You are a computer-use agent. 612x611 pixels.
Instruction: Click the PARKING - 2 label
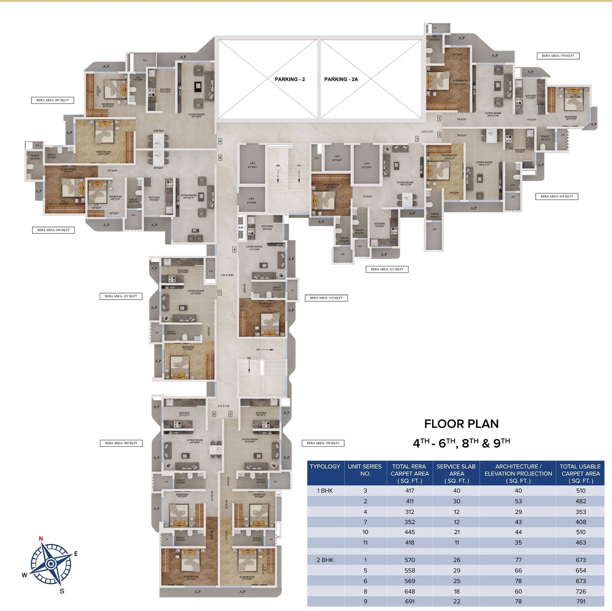click(x=289, y=79)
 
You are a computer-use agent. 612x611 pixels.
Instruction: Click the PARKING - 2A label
click(x=341, y=79)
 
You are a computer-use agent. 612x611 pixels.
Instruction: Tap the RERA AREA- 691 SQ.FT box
click(x=53, y=100)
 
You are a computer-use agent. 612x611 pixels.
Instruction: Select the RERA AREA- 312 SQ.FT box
click(x=326, y=298)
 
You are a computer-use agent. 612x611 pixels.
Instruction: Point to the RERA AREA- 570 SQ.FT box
click(x=558, y=56)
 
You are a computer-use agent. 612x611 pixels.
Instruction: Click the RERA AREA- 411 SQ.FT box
click(x=387, y=269)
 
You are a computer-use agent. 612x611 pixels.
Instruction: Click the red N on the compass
click(x=41, y=538)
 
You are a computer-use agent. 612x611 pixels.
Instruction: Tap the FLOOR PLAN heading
click(x=461, y=424)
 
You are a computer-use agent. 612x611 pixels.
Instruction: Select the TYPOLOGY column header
click(x=325, y=467)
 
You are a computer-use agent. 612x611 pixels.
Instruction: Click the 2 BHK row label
click(x=325, y=560)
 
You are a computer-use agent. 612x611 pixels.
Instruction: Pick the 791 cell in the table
click(x=581, y=601)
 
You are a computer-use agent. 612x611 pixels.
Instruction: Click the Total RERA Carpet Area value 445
click(x=410, y=532)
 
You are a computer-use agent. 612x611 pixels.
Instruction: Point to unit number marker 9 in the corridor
click(x=220, y=141)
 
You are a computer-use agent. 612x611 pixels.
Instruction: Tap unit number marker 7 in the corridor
click(x=219, y=293)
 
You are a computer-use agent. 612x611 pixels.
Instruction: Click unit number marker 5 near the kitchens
click(x=230, y=414)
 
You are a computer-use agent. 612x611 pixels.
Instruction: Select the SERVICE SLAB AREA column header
click(x=456, y=473)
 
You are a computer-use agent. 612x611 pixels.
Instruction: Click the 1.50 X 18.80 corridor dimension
click(x=227, y=275)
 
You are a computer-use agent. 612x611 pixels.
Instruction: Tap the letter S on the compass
click(x=62, y=591)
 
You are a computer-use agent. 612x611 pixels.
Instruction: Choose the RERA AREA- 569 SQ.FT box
click(x=121, y=443)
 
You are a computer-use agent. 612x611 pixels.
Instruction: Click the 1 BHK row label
click(x=325, y=491)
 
